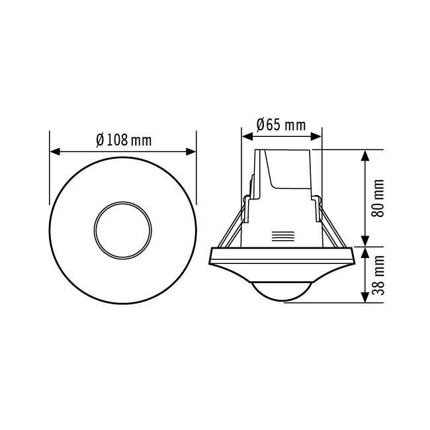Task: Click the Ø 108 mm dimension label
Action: pyautogui.click(x=124, y=140)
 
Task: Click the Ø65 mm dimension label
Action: pyautogui.click(x=280, y=124)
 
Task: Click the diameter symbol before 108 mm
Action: pyautogui.click(x=100, y=140)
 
